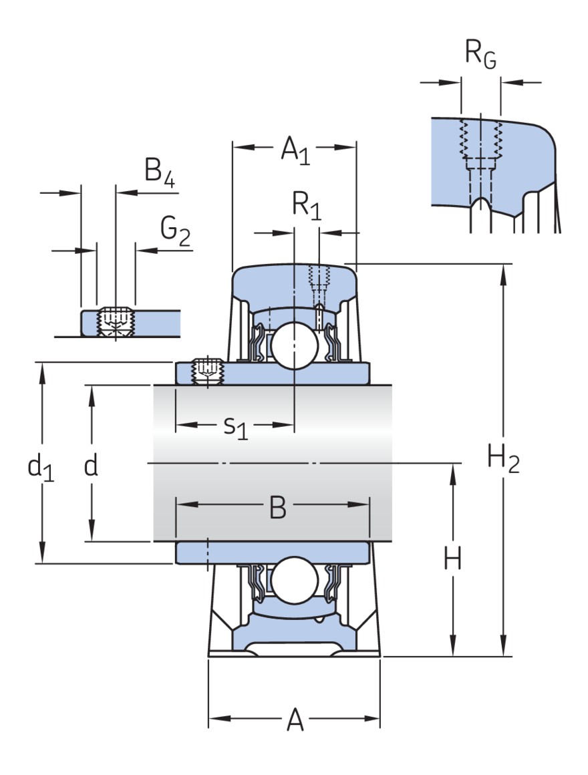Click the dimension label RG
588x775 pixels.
tap(480, 55)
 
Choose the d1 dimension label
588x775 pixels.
tap(40, 467)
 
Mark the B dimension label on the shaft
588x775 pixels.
tap(277, 508)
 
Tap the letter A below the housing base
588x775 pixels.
tap(295, 721)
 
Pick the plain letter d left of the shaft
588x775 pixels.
tap(91, 466)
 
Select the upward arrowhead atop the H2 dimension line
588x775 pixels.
tap(502, 269)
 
